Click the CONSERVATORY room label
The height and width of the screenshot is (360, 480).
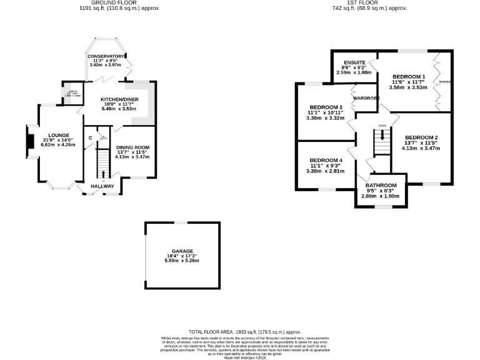(x=106, y=56)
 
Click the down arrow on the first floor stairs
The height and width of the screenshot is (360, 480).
(x=381, y=134)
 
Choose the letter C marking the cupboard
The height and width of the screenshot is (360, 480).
(x=91, y=137)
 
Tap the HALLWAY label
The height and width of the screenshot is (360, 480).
(x=102, y=186)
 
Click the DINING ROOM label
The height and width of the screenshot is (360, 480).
(x=132, y=147)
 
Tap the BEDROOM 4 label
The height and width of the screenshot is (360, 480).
(x=326, y=159)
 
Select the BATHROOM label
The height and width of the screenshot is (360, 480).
(x=381, y=186)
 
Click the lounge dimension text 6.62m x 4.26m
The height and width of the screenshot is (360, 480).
(x=57, y=144)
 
